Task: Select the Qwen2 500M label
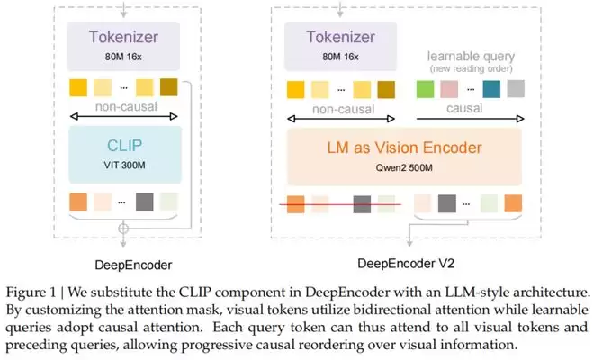[404, 167]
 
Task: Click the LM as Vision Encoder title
[403, 148]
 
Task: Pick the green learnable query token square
[425, 90]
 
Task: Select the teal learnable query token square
[491, 90]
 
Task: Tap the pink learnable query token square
[448, 90]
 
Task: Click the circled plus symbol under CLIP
[123, 229]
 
